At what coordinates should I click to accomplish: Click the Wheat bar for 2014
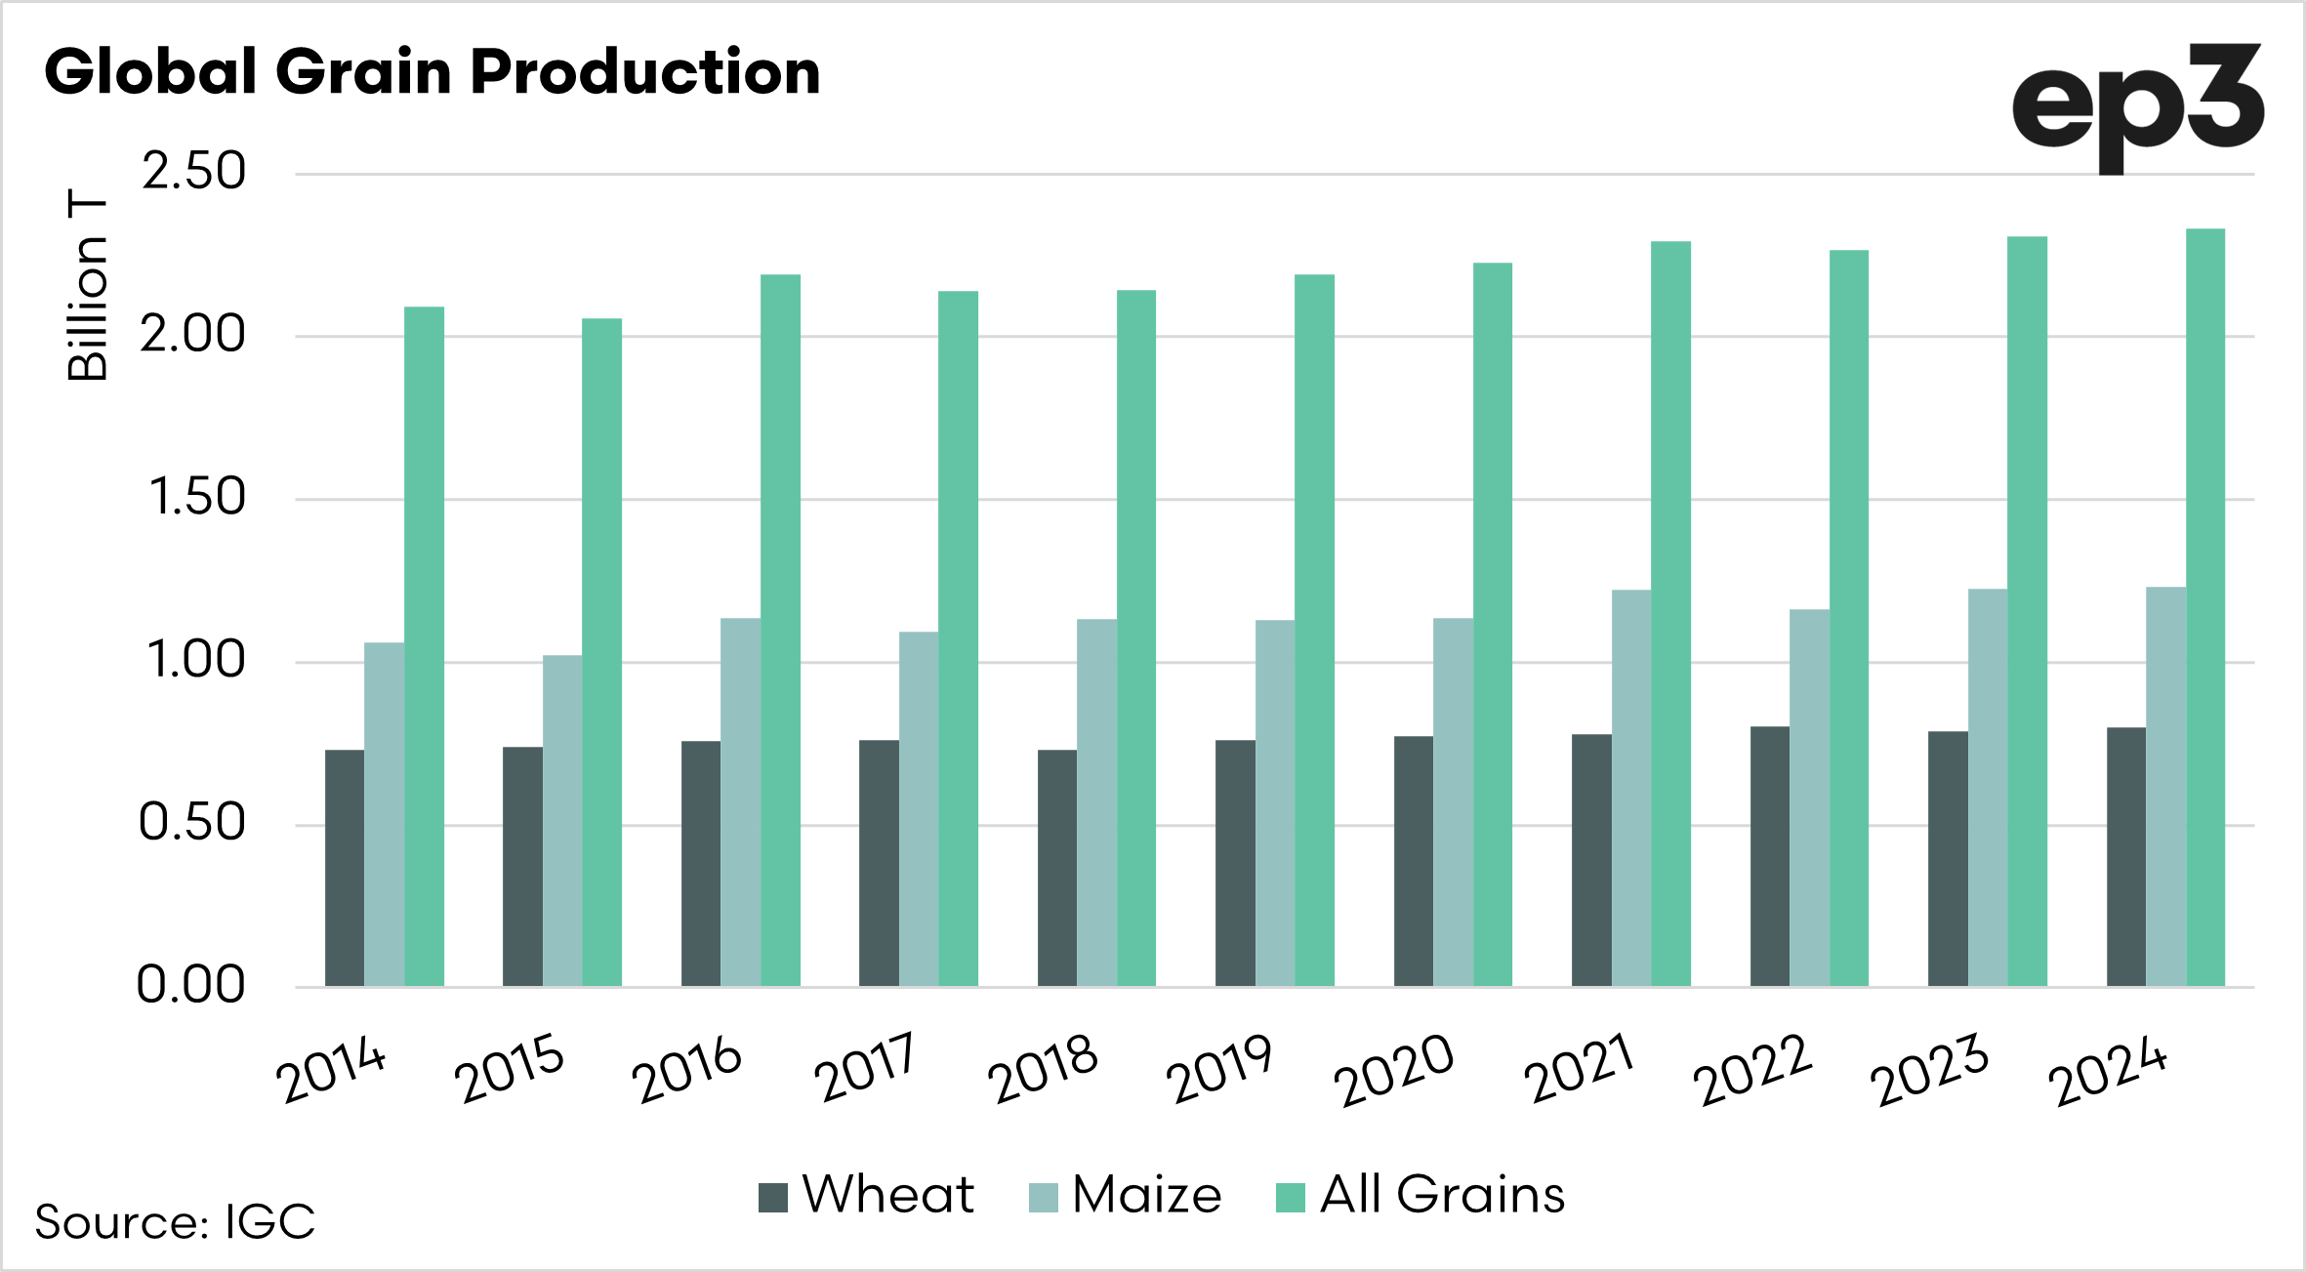coord(345,868)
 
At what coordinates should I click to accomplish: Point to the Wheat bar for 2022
coord(1770,856)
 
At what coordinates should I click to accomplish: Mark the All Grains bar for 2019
coord(1314,630)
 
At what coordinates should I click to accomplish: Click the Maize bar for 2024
coord(2165,786)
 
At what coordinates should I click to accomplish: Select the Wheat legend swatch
coord(773,1197)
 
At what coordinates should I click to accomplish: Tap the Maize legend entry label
coord(1147,1195)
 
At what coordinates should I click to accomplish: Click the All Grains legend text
coord(1442,1195)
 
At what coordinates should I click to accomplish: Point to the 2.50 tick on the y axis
coord(193,173)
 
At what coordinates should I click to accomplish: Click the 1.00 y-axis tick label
coord(193,661)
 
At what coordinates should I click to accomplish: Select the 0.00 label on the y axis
coord(190,985)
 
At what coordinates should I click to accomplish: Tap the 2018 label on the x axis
coord(1043,1069)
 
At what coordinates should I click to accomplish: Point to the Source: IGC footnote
coord(176,1221)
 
